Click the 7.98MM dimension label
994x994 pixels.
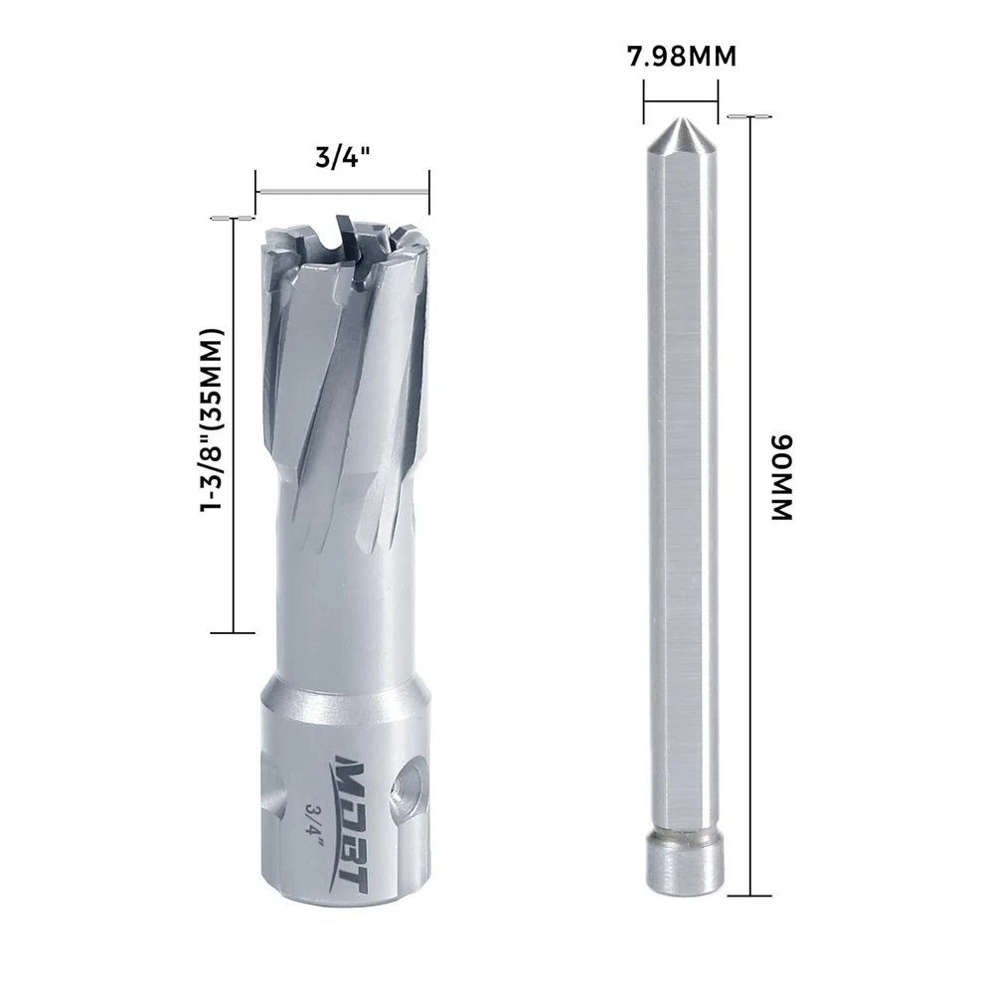(682, 57)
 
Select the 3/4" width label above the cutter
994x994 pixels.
(342, 157)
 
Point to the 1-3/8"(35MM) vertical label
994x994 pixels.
(212, 420)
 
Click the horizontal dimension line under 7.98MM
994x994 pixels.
(681, 99)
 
